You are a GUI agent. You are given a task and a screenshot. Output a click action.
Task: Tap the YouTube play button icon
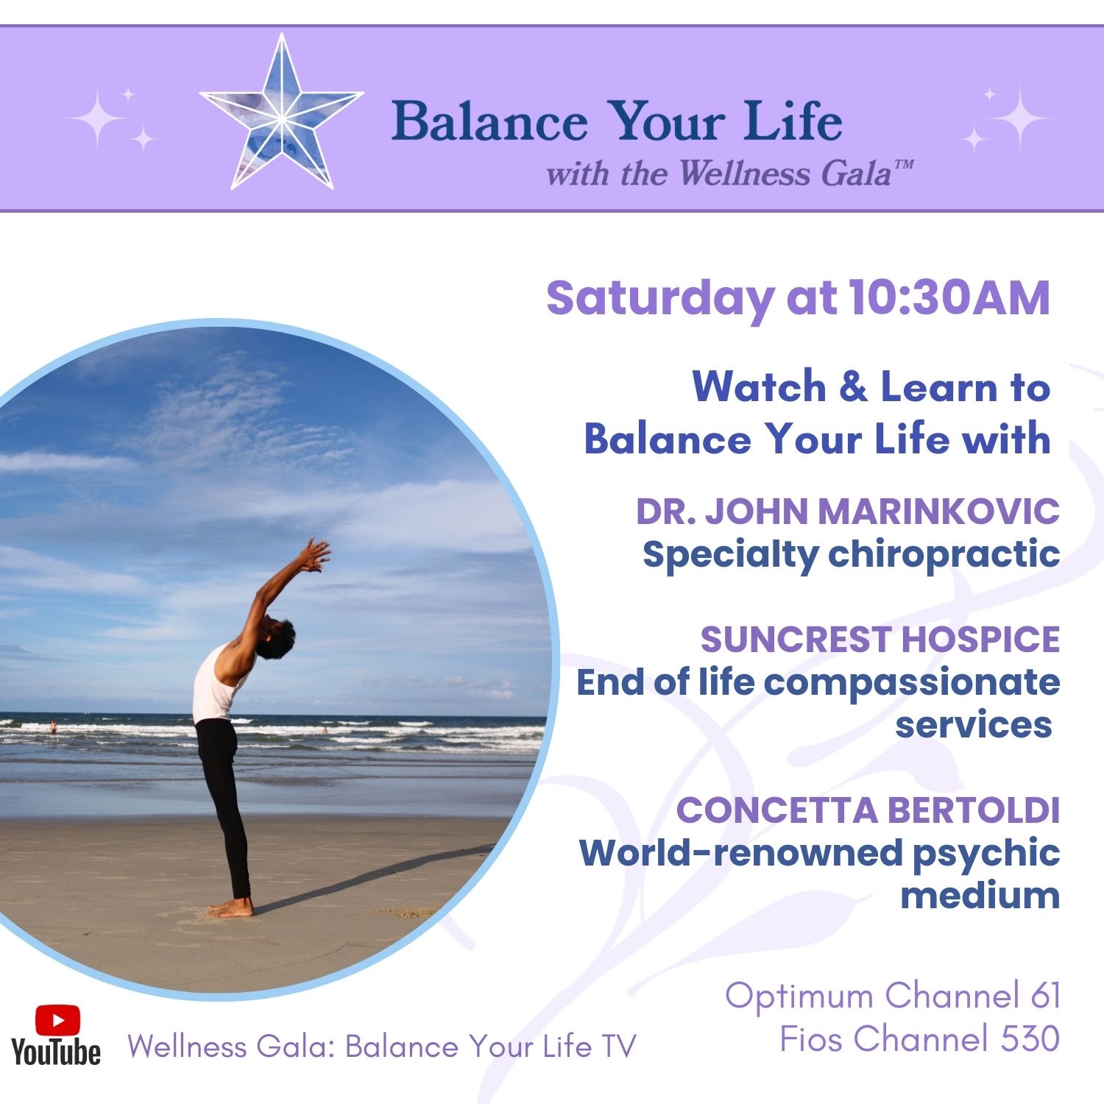[57, 1020]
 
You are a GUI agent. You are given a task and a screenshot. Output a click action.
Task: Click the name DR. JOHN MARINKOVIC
[848, 512]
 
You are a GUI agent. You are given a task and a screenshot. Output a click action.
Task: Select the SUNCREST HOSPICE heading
[880, 640]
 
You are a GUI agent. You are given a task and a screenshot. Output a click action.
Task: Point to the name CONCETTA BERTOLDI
[868, 810]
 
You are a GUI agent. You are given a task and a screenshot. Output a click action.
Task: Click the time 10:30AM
[949, 298]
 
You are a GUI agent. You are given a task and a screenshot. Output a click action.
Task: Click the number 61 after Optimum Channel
[1045, 996]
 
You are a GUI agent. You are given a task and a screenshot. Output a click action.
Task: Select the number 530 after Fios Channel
[1030, 1039]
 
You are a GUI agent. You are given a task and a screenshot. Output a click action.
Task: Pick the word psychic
[986, 854]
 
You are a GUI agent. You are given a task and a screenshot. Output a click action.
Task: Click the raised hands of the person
[315, 554]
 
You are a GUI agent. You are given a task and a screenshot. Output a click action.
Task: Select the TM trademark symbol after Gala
[904, 166]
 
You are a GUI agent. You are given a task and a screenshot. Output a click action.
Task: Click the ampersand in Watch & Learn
[854, 387]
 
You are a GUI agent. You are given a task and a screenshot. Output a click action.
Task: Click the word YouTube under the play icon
[56, 1052]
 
